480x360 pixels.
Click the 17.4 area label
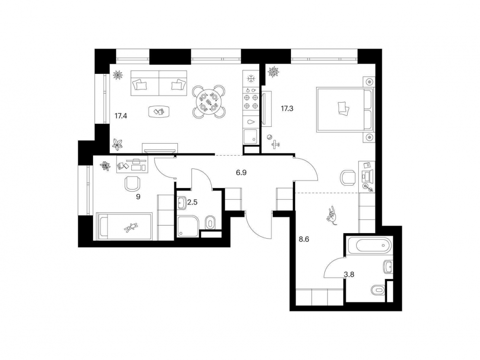(x=120, y=116)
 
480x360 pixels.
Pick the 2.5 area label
(x=193, y=202)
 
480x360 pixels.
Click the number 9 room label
(x=138, y=197)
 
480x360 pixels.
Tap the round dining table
(x=208, y=101)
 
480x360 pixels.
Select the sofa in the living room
(x=159, y=85)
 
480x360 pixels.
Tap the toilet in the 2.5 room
(x=211, y=221)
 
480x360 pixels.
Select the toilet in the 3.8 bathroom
(x=377, y=290)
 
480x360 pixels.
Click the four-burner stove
(x=251, y=100)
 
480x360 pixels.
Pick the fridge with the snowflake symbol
(x=250, y=78)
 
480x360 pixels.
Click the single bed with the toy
(x=124, y=227)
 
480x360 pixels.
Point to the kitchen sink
(x=250, y=121)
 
